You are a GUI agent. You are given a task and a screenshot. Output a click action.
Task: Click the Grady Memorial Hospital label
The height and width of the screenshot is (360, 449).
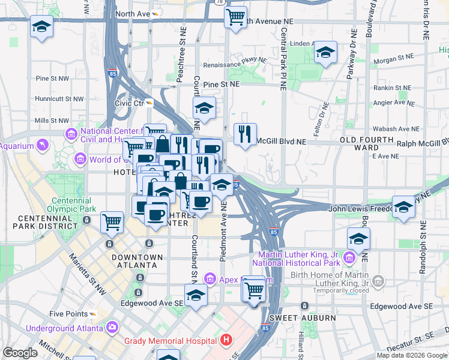coord(170,341)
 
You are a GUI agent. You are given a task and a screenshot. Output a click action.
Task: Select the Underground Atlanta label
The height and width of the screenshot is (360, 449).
coord(65,328)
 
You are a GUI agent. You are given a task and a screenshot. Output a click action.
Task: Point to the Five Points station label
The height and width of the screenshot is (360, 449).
coord(68,314)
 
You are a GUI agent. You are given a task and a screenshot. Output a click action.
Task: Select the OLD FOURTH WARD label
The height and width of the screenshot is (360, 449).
coord(367,143)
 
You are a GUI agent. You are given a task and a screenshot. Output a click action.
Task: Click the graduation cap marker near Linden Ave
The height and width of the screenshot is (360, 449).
coord(325,53)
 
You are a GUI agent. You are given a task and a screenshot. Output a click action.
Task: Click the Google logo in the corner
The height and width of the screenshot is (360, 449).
coord(20,353)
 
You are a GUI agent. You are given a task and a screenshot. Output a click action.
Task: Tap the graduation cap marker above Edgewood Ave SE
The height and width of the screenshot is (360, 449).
coord(196,295)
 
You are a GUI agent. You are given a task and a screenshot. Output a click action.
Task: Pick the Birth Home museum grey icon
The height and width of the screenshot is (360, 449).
coord(378,281)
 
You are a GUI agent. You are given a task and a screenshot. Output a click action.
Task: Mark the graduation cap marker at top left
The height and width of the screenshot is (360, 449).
coord(41,26)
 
